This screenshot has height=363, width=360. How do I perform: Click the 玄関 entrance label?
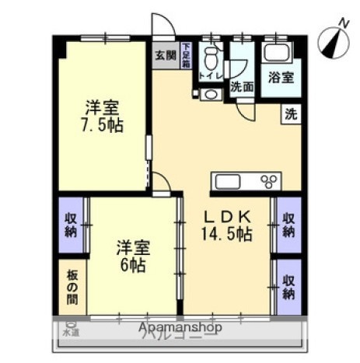coord(163,55)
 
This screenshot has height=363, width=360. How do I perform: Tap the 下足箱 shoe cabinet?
coord(187,55)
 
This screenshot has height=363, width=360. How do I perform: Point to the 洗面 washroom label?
coord(242,87)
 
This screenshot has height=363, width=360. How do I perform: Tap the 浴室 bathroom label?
coord(280,78)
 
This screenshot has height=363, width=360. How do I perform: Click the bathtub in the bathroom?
coord(277,53)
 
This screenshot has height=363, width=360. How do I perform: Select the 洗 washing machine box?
coord(290,113)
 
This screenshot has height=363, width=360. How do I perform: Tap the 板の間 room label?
coord(71,285)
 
